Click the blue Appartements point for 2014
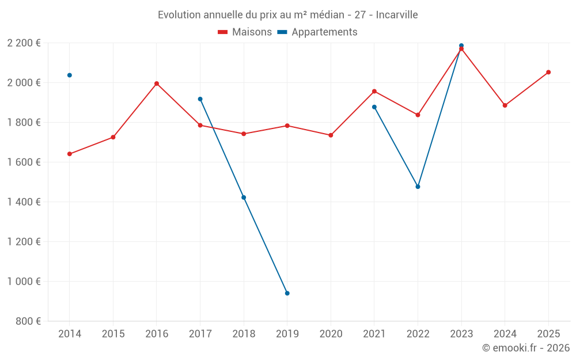coord(70,75)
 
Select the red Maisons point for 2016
coord(157,84)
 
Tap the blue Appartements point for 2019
coord(287,293)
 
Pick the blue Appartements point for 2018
coord(244,198)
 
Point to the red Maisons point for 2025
coord(548,72)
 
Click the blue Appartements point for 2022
coord(418,187)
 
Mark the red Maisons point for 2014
coord(70,154)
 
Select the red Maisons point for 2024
coord(505,105)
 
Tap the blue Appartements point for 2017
coord(200,99)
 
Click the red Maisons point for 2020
coord(331,135)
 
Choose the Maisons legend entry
coord(245,32)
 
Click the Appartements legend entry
coord(317,32)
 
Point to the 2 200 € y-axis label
coord(24,43)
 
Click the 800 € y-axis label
coord(28,321)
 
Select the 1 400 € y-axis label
coord(24,202)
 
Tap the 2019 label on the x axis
coord(287,334)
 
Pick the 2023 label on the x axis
coord(461,334)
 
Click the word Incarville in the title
coord(397,14)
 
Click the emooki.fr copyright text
coord(525,348)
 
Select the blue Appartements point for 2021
coord(374,107)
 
